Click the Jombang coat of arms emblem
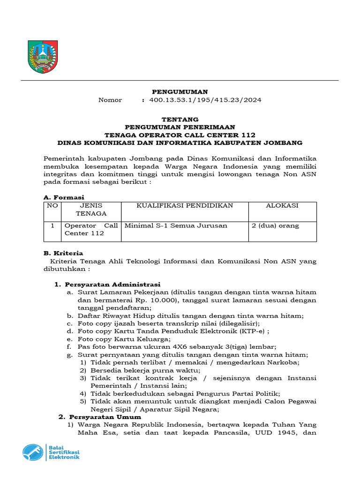pos(43,57)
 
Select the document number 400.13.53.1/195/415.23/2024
pos(205,100)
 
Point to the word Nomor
pos(110,100)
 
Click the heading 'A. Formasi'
pos(64,197)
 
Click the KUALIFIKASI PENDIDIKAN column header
pos(185,206)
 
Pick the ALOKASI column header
pos(282,206)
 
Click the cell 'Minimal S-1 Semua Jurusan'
pos(176,225)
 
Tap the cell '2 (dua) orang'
pos(275,225)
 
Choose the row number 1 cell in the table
pos(52,225)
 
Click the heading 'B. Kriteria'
pos(63,253)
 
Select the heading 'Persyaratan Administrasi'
pos(112,284)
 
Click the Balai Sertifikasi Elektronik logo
pos(51,452)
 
